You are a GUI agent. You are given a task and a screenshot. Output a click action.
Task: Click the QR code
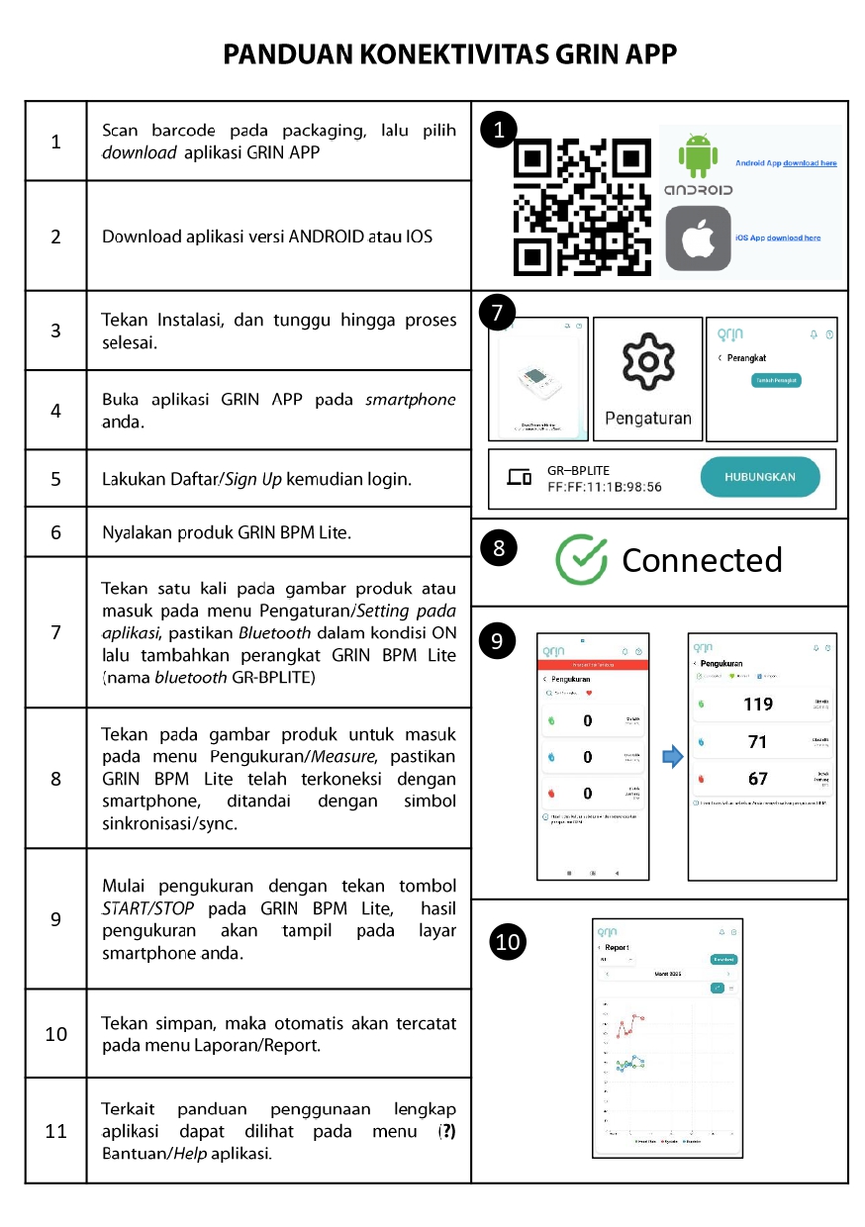click(x=581, y=208)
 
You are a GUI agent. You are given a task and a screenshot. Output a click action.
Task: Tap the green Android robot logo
click(x=697, y=157)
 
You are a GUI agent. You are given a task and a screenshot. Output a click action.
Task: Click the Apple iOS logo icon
click(x=698, y=238)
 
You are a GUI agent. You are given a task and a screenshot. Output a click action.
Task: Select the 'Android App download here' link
click(x=786, y=162)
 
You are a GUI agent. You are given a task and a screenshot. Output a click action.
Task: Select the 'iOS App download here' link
click(x=778, y=238)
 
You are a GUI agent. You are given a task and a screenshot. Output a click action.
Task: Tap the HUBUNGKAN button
click(x=760, y=477)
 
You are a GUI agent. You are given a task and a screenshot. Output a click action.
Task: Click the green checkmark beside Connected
click(x=581, y=560)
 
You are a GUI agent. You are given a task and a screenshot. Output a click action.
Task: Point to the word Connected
click(x=702, y=560)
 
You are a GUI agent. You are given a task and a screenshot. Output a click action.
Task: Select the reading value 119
click(x=757, y=706)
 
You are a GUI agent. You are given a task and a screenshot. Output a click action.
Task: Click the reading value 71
click(x=757, y=742)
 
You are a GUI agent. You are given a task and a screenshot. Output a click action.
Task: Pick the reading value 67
click(x=757, y=779)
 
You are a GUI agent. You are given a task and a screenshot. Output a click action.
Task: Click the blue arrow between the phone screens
click(x=672, y=758)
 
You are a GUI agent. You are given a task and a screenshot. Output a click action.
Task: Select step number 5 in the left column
click(x=55, y=479)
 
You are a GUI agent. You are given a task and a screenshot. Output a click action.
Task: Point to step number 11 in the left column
click(x=55, y=1131)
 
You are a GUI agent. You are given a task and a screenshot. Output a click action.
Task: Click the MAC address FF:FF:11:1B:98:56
click(x=604, y=487)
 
